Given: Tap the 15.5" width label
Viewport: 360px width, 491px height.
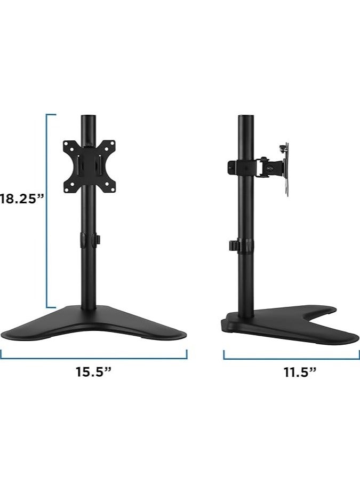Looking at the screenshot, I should [x=93, y=372].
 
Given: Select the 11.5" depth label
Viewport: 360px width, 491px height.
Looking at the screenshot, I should [x=300, y=372].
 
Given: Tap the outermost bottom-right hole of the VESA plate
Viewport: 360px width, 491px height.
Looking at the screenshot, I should [x=112, y=187].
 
